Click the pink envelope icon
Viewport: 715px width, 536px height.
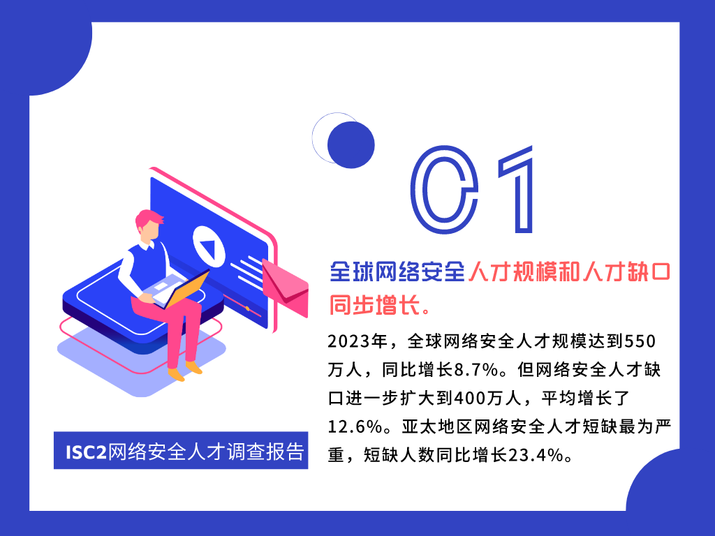tap(286, 287)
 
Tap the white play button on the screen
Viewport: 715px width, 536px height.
tap(209, 246)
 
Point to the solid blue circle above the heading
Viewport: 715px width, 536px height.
tap(351, 145)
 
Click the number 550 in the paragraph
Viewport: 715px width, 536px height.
tap(640, 341)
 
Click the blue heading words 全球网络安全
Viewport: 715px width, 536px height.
tap(397, 271)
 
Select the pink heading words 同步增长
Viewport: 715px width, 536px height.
tap(374, 305)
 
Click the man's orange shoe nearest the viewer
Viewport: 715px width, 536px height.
tap(176, 375)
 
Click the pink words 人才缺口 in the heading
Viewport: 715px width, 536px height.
tap(626, 271)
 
